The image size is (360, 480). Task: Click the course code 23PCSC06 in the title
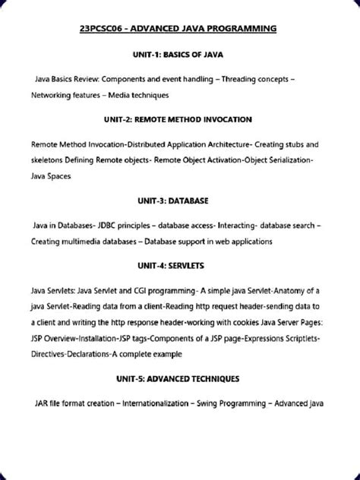[x=103, y=30]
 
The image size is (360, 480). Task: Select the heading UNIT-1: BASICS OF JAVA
[x=179, y=55]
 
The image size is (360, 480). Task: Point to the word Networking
[x=55, y=96]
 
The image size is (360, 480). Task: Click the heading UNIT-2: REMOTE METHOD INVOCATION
[x=179, y=120]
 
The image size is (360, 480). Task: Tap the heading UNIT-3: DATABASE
[x=179, y=201]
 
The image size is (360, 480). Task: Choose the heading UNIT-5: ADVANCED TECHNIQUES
[x=179, y=377]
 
